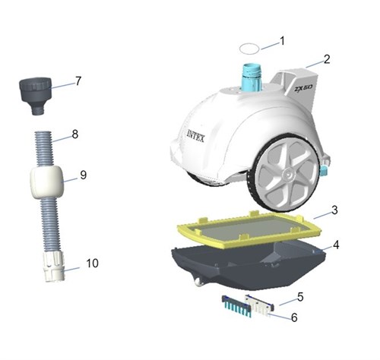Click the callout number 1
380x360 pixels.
pos(282,41)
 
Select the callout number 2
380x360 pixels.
pos(327,59)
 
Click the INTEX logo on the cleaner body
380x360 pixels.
pos(195,136)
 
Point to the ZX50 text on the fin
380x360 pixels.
pos(303,89)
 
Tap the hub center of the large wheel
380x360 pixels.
pos(287,174)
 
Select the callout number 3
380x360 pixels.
pos(334,210)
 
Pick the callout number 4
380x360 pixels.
pos(336,245)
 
